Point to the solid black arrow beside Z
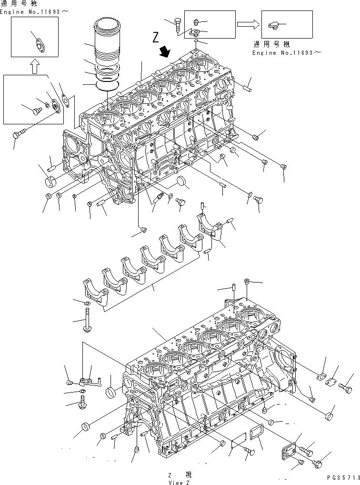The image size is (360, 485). pyautogui.click(x=165, y=50)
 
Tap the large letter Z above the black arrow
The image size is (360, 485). pyautogui.click(x=155, y=37)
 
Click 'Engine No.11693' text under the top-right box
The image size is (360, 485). pyautogui.click(x=282, y=53)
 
